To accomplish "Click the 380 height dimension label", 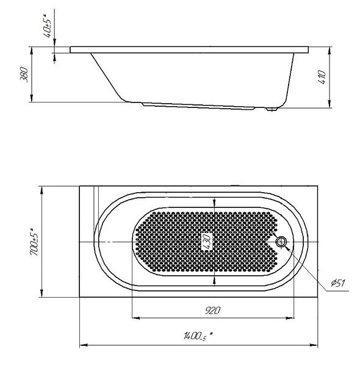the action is pyautogui.click(x=24, y=74).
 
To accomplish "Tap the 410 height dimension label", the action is pyautogui.click(x=322, y=77).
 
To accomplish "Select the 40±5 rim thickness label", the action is pyautogui.click(x=48, y=26).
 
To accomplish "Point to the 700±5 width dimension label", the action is pyautogui.click(x=35, y=242).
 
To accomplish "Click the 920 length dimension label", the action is pyautogui.click(x=212, y=310).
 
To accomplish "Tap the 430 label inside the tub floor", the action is pyautogui.click(x=207, y=242).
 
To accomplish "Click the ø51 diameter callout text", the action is pyautogui.click(x=337, y=283).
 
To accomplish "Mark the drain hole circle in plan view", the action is pyautogui.click(x=281, y=242).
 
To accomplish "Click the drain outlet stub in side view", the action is pyautogui.click(x=272, y=109).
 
